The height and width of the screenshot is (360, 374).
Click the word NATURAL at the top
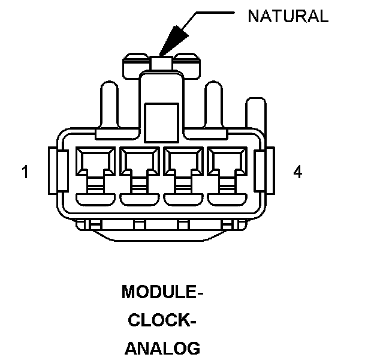click(288, 16)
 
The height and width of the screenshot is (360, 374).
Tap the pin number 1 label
click(25, 172)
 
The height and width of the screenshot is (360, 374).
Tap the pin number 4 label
click(298, 172)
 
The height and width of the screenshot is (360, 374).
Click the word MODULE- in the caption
click(162, 292)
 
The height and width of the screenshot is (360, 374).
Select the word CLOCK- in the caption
click(162, 320)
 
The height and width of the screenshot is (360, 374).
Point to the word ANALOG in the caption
click(162, 348)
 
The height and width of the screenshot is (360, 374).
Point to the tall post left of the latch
click(109, 105)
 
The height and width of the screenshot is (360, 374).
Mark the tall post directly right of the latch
click(214, 105)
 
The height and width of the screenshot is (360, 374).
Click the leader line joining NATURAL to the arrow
click(209, 13)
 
